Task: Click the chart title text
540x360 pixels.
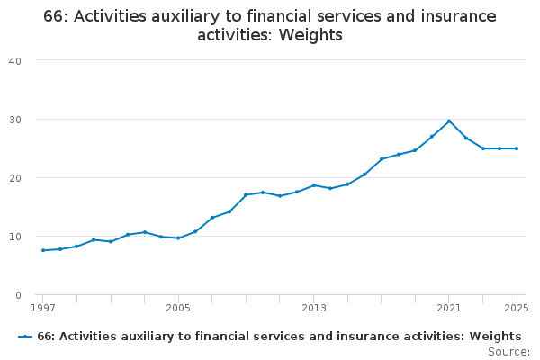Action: coord(270,26)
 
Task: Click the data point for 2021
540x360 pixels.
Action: coord(449,121)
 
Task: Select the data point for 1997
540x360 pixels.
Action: coord(42,250)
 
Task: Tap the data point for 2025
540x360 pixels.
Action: coord(517,148)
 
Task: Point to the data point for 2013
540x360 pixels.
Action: coord(314,185)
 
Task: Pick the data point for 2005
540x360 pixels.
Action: coord(178,238)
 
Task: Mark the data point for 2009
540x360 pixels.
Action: coord(246,194)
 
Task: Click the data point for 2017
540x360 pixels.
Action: coord(382,159)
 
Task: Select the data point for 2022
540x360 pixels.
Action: coord(466,138)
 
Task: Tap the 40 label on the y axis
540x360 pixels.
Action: coord(15,61)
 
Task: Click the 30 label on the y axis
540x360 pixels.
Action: coord(15,120)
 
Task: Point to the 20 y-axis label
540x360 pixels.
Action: coord(15,178)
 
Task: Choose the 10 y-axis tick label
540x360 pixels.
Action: coord(15,237)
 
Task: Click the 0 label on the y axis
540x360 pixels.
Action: coord(18,295)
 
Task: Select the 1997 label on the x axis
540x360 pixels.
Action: coord(42,308)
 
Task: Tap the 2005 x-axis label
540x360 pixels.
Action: coord(178,308)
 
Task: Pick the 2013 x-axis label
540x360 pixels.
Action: coord(314,308)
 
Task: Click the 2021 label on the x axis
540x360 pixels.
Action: coord(449,308)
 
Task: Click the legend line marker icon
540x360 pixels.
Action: coord(25,337)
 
